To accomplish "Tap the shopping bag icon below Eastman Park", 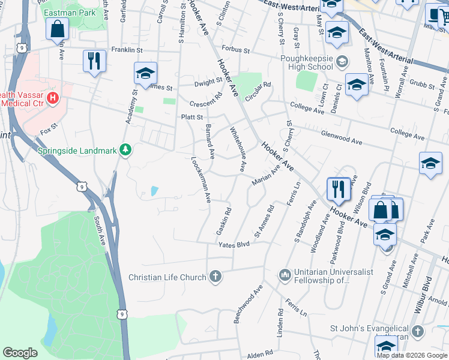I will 57,28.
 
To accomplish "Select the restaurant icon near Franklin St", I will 94,61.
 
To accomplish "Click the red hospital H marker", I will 53,97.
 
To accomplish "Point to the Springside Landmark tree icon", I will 125,149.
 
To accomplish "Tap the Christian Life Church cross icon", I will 215,277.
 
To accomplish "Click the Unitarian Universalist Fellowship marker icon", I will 285,275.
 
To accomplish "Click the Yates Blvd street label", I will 234,245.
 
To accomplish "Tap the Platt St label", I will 192,118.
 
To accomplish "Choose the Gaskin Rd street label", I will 222,221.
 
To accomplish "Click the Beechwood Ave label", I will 249,304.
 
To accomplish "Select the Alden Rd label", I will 259,355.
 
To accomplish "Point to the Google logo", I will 20,353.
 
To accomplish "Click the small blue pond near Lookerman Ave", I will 155,191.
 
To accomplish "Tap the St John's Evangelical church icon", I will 418,331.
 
